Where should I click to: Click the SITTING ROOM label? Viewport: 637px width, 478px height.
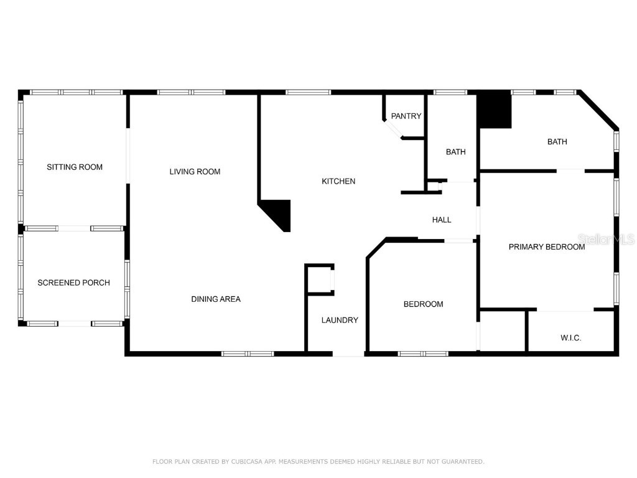click(x=75, y=167)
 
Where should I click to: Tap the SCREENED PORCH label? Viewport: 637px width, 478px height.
click(x=73, y=283)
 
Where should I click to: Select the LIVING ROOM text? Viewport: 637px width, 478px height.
click(x=195, y=171)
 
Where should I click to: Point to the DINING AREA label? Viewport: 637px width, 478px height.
click(x=215, y=299)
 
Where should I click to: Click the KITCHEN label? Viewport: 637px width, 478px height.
click(x=338, y=181)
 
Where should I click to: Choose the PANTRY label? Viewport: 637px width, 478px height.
click(x=406, y=116)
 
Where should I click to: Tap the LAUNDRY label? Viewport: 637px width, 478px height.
click(x=340, y=320)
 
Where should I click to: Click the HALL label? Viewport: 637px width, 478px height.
click(x=442, y=220)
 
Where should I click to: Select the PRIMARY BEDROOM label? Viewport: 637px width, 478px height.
click(x=547, y=246)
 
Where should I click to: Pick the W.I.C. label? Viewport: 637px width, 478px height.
click(x=570, y=337)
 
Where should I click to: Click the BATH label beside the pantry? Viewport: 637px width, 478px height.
click(x=455, y=152)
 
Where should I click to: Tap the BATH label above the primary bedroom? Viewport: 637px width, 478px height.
click(x=557, y=141)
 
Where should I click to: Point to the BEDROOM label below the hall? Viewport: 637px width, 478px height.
click(x=423, y=304)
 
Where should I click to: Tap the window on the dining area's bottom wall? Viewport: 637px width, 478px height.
click(x=248, y=354)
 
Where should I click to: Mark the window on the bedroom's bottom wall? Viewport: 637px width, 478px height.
click(x=423, y=354)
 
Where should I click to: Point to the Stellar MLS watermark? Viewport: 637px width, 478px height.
click(x=606, y=239)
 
